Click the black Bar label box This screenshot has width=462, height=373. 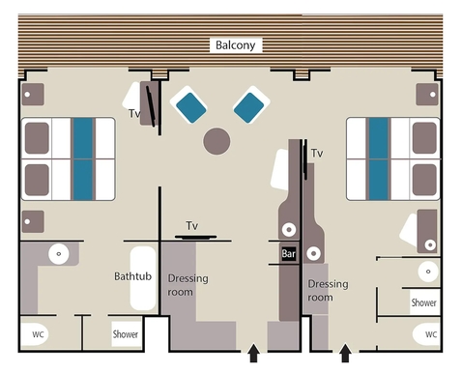click(x=288, y=254)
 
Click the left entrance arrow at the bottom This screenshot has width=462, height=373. click(x=254, y=354)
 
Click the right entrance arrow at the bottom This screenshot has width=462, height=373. click(x=345, y=354)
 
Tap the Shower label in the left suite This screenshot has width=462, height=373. click(x=127, y=335)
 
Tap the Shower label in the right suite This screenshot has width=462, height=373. click(x=423, y=302)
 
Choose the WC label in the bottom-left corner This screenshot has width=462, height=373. click(x=38, y=334)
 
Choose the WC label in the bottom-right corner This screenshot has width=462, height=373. click(x=423, y=334)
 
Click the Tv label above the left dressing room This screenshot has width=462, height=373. click(x=192, y=225)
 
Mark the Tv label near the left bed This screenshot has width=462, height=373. click(x=134, y=113)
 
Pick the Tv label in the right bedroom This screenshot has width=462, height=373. click(x=316, y=153)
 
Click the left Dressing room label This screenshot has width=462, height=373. click(x=188, y=285)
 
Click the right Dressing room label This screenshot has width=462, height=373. click(x=328, y=290)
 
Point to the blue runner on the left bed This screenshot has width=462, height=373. click(x=84, y=158)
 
